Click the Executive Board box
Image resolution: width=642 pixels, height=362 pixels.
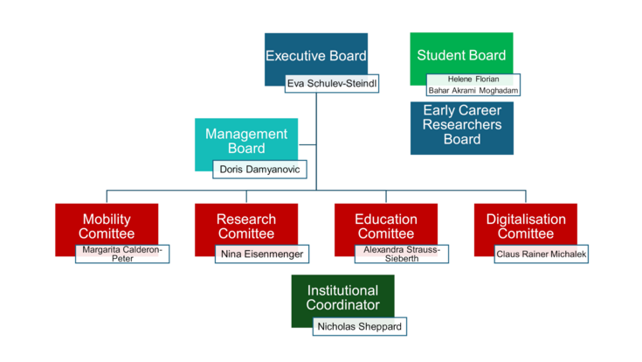point(315,54)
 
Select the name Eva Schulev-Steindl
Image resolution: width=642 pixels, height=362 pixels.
point(331,84)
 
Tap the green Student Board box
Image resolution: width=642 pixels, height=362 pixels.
point(461,54)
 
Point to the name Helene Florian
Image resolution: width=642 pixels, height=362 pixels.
point(473,79)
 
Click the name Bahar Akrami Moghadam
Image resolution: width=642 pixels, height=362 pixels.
point(473,90)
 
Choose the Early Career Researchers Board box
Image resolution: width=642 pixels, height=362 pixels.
point(461,126)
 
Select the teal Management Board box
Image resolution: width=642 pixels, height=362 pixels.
point(245,140)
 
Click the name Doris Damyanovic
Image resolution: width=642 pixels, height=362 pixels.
point(259,168)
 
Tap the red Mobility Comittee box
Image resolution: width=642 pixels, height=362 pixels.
point(106,226)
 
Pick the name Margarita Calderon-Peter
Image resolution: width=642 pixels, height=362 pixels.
point(122,254)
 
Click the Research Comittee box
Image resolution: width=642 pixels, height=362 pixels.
point(245,226)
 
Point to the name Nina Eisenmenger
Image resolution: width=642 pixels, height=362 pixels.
point(262,254)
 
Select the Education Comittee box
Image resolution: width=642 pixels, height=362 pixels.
point(385,226)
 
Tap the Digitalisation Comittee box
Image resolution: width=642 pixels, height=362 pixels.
point(525,226)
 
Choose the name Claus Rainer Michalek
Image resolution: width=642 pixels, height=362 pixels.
point(541,254)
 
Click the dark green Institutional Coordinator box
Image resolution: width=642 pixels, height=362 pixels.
point(342,297)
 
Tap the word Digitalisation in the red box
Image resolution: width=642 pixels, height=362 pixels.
point(526,219)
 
